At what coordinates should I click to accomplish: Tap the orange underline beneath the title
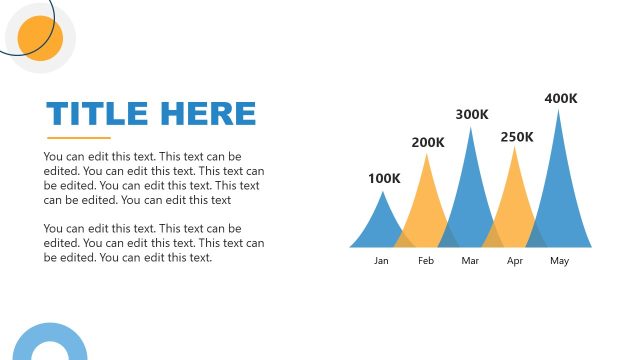point(78,137)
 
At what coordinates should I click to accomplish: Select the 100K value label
point(384,179)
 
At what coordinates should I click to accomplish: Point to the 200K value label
point(428,142)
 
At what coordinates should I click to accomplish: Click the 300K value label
point(472,115)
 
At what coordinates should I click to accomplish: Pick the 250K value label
point(517,136)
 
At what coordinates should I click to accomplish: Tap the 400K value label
point(561,98)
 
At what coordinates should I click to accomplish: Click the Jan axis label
point(381,261)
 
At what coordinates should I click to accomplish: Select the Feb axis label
point(426,261)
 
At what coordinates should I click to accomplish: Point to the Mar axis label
point(471,261)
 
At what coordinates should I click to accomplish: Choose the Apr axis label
point(515,261)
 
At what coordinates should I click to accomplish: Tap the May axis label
point(559,261)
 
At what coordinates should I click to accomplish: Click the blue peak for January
point(381,225)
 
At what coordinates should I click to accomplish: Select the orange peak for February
point(427,205)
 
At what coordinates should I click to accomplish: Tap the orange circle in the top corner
point(41,38)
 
